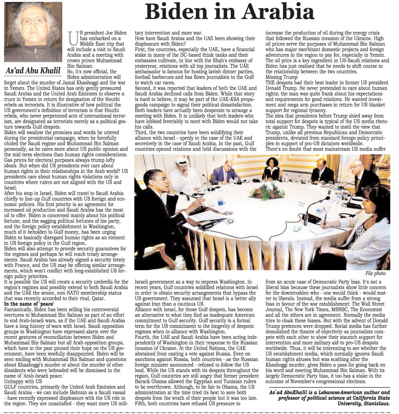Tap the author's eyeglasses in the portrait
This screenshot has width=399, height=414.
click(33, 21)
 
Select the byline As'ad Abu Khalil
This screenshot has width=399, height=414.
click(33, 71)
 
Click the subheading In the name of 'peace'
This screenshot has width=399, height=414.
click(29, 304)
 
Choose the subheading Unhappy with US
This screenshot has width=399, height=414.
click(23, 381)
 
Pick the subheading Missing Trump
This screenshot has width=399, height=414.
click(281, 77)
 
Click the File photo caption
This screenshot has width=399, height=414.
click(375, 273)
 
